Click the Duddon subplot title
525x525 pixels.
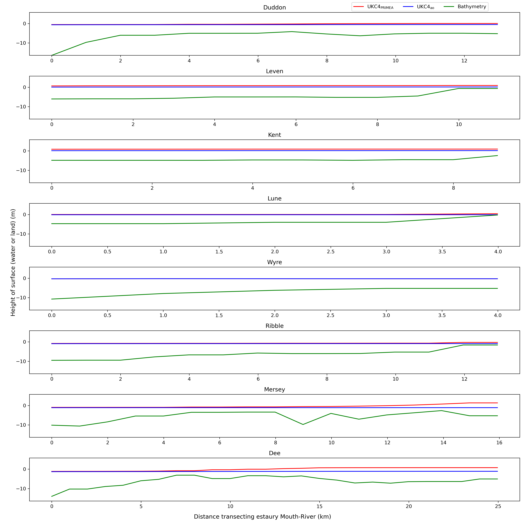(274, 8)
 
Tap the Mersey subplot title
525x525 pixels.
(274, 389)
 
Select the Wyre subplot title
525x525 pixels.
(274, 262)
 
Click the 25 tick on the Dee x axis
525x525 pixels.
(498, 506)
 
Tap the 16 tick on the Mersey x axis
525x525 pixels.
(499, 443)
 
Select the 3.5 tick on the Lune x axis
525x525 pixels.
(442, 252)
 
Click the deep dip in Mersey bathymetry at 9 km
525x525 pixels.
(303, 424)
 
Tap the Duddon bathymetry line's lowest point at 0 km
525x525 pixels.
(52, 55)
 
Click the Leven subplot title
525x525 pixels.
(274, 71)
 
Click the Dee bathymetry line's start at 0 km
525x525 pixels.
(52, 496)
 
